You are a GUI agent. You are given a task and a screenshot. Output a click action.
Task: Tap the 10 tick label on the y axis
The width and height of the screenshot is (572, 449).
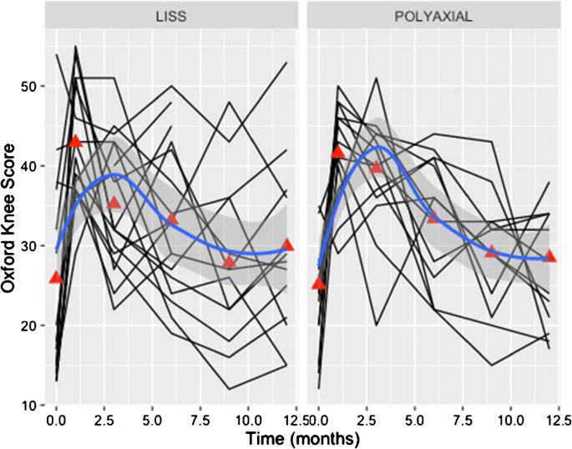point(32,406)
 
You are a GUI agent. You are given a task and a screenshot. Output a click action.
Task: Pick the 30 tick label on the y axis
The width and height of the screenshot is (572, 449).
point(32,246)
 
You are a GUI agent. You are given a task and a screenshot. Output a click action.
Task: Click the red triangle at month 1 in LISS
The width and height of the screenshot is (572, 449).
point(76,141)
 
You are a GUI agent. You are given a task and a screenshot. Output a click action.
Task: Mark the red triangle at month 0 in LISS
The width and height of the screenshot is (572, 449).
point(57,277)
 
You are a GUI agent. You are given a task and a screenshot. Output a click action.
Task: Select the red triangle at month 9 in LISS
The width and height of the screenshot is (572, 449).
point(230,262)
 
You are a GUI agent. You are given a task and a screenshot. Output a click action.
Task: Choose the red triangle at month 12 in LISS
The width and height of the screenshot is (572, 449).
point(287,245)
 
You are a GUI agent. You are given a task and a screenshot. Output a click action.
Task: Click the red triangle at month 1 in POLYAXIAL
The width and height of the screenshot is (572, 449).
point(338,152)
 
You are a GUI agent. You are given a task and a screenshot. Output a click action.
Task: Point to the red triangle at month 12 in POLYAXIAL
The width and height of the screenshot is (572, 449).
point(549,255)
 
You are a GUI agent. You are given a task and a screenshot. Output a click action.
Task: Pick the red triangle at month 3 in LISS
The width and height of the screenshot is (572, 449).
point(114,202)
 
